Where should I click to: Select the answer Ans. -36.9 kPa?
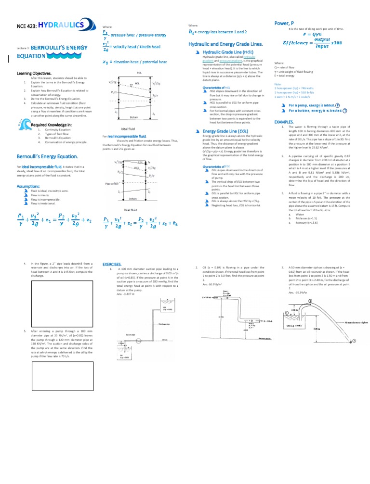coord(296,292)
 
